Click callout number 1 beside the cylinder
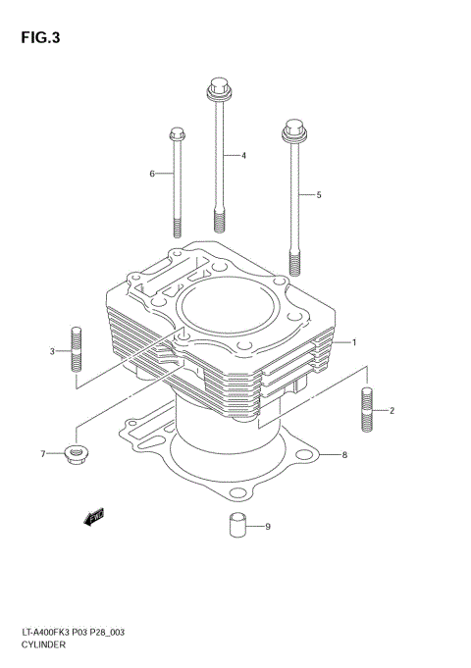tap(353, 343)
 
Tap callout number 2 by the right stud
tap(391, 410)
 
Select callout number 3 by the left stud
tap(52, 351)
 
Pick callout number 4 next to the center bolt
tap(242, 156)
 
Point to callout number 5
tap(318, 195)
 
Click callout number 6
tap(152, 174)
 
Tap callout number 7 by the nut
tap(43, 454)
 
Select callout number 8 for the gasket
tap(344, 455)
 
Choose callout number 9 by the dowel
tap(267, 527)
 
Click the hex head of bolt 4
tap(218, 91)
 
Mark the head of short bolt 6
tap(177, 133)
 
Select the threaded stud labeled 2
tap(367, 410)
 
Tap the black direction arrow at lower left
tap(94, 517)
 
